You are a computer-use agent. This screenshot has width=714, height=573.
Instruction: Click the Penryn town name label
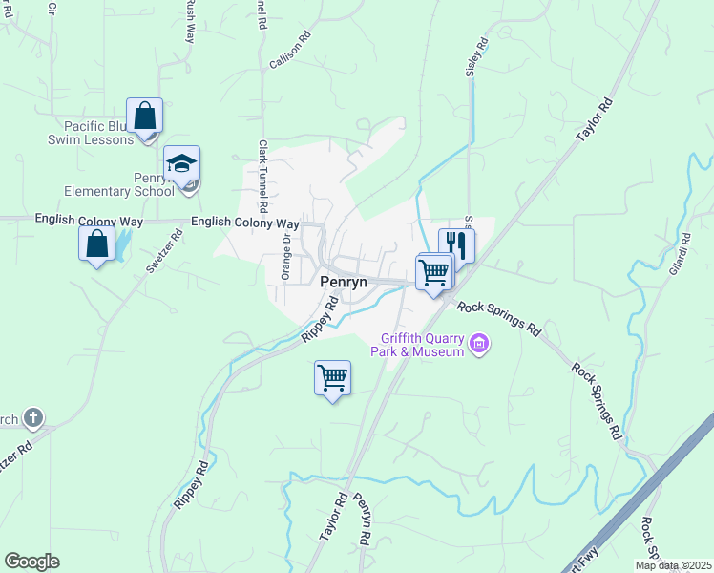(x=343, y=283)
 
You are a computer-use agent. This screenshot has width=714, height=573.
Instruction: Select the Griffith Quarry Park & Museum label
(x=423, y=345)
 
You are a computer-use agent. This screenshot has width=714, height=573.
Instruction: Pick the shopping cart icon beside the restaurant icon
(x=434, y=273)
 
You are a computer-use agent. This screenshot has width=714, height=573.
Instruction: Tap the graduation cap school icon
(x=181, y=163)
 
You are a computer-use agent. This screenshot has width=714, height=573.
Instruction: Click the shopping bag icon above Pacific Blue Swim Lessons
(x=144, y=117)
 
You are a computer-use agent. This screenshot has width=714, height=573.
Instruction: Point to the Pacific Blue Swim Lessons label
(x=92, y=133)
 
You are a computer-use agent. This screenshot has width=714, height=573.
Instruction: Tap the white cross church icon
(x=33, y=417)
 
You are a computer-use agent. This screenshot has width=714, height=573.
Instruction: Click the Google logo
(x=31, y=562)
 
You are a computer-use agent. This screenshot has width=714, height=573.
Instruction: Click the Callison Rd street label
(x=291, y=51)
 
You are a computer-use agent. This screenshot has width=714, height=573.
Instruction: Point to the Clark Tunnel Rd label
(x=262, y=177)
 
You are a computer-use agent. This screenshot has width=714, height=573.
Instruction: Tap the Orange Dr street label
(x=285, y=257)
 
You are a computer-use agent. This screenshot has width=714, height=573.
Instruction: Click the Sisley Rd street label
(x=477, y=57)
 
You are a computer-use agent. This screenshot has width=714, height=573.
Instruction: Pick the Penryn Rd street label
(x=362, y=520)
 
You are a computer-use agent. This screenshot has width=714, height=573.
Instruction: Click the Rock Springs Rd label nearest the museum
(x=499, y=319)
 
